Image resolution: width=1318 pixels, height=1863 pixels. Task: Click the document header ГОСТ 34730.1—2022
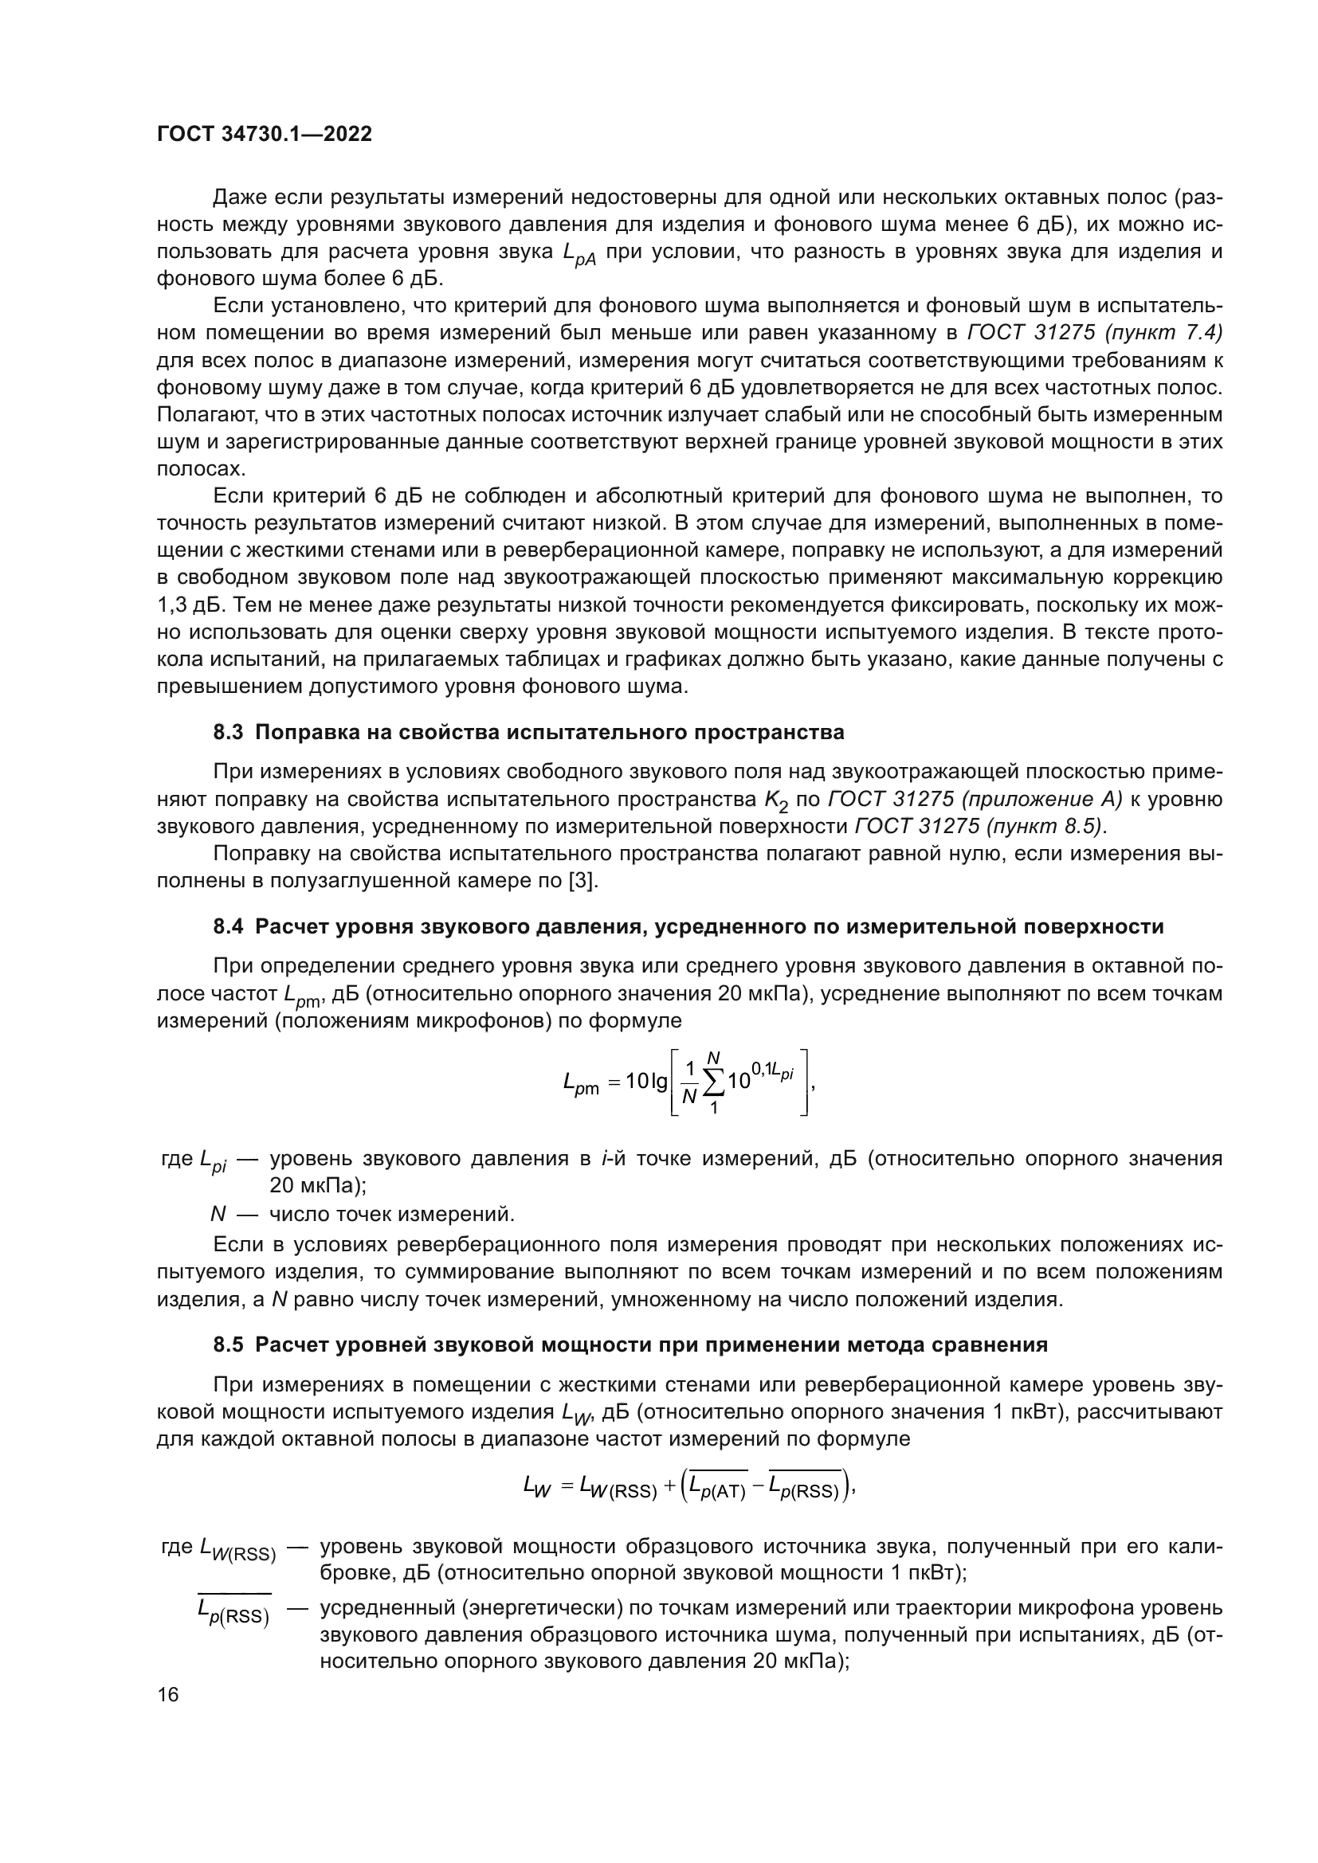click(264, 135)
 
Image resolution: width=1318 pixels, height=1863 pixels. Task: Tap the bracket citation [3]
click(583, 881)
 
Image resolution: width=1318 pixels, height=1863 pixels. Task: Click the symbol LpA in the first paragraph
click(579, 255)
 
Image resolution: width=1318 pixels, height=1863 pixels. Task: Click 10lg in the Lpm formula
click(647, 1082)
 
